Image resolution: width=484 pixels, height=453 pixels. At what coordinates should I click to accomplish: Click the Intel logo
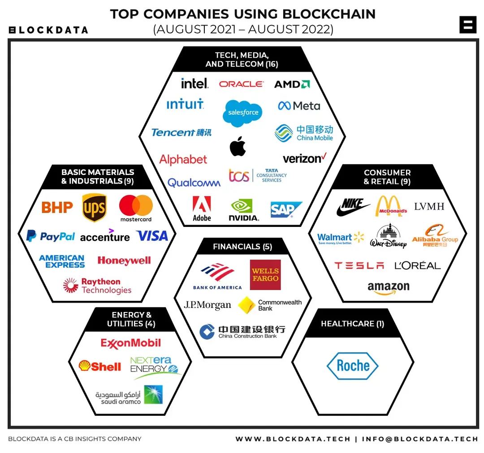[194, 83]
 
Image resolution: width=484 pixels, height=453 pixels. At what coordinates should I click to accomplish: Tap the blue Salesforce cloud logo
[243, 112]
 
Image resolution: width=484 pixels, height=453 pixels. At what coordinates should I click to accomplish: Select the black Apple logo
[238, 146]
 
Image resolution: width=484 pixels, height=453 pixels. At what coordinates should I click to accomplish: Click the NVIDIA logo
[243, 210]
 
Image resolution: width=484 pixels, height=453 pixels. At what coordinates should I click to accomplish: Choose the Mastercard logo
[136, 209]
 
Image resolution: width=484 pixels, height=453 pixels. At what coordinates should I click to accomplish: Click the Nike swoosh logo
[353, 207]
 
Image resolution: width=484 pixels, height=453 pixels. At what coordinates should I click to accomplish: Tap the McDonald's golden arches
[391, 206]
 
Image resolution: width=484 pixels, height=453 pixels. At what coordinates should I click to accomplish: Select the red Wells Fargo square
[265, 274]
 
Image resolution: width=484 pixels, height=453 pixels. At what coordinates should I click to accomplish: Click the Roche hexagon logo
[353, 366]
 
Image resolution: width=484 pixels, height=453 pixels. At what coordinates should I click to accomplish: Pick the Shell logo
[100, 366]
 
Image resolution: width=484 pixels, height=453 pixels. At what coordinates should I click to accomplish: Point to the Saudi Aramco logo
[129, 395]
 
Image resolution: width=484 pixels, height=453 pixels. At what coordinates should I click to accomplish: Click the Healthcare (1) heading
[353, 324]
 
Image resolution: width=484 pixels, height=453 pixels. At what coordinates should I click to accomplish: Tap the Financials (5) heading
[242, 247]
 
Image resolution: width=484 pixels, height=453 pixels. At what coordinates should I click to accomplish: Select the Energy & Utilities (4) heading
[131, 319]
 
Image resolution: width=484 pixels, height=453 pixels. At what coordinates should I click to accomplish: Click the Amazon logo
[389, 287]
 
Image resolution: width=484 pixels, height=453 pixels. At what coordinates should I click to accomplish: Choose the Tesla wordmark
[359, 265]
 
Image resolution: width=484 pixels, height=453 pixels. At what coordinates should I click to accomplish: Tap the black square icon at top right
[468, 25]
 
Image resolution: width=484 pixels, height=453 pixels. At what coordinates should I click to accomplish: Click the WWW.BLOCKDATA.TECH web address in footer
[293, 439]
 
